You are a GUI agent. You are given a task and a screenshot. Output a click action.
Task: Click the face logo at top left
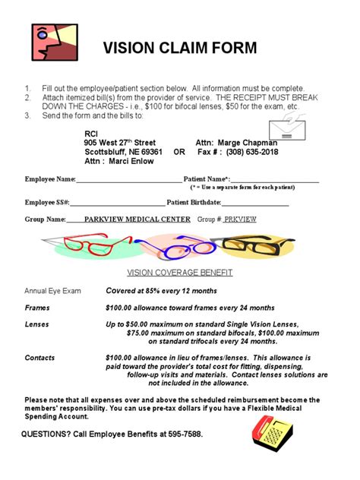pos(54,43)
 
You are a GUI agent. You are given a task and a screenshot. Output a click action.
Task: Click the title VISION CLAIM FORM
pos(180,48)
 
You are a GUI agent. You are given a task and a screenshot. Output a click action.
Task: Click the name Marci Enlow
pos(131,162)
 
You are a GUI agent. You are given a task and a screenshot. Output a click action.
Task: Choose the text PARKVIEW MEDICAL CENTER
pos(137,219)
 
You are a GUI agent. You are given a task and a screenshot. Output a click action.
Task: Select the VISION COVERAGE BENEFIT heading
pos(180,272)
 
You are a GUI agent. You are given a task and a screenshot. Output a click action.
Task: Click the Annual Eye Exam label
pos(52,291)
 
